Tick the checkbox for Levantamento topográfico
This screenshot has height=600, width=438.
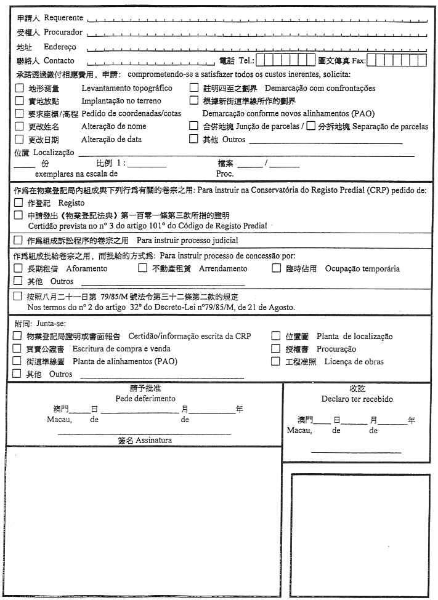point(19,89)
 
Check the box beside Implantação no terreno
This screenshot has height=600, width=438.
point(19,100)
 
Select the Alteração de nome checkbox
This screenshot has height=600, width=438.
point(19,126)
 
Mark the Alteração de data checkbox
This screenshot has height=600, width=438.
point(19,139)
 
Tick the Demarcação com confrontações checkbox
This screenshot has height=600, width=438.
point(194,89)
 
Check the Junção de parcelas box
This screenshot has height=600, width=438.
point(194,126)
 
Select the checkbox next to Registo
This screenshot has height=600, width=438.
point(18,202)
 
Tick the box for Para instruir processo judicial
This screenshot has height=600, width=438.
point(18,240)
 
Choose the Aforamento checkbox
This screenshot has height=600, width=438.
point(18,268)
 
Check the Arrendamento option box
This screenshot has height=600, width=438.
point(142,268)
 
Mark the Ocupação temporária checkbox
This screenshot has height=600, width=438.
point(276,268)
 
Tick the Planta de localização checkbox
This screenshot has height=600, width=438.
point(276,336)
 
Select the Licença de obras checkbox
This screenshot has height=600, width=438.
point(276,361)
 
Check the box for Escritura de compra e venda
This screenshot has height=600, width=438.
point(18,349)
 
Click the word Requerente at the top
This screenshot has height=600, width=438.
point(63,18)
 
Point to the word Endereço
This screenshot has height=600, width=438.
point(60,47)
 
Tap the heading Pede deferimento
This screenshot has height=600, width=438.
point(145,399)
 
